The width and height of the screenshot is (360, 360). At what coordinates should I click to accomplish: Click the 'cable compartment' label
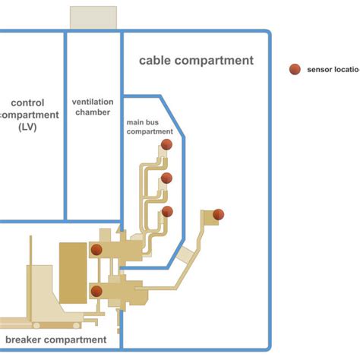click(x=196, y=60)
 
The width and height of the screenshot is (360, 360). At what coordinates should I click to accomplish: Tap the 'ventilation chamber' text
click(x=93, y=107)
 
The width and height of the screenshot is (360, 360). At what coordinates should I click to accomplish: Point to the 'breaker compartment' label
click(x=55, y=339)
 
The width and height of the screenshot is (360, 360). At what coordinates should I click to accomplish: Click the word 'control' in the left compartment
click(x=28, y=103)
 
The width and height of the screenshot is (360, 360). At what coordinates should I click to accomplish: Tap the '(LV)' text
click(x=28, y=128)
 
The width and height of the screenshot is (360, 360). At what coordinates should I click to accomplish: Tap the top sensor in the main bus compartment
click(x=167, y=144)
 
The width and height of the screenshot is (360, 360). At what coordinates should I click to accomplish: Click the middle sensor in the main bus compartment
click(x=167, y=178)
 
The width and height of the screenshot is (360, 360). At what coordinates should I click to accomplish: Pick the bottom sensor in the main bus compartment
click(x=167, y=211)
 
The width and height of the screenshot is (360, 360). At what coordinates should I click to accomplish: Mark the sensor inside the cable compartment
click(x=219, y=214)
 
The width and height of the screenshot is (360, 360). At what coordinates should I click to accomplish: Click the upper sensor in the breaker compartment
click(x=96, y=249)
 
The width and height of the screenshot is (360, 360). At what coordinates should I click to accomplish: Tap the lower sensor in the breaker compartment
click(x=96, y=290)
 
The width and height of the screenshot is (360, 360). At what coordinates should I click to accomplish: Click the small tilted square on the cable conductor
click(x=185, y=258)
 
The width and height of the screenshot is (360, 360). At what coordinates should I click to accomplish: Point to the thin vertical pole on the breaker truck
click(x=30, y=251)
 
